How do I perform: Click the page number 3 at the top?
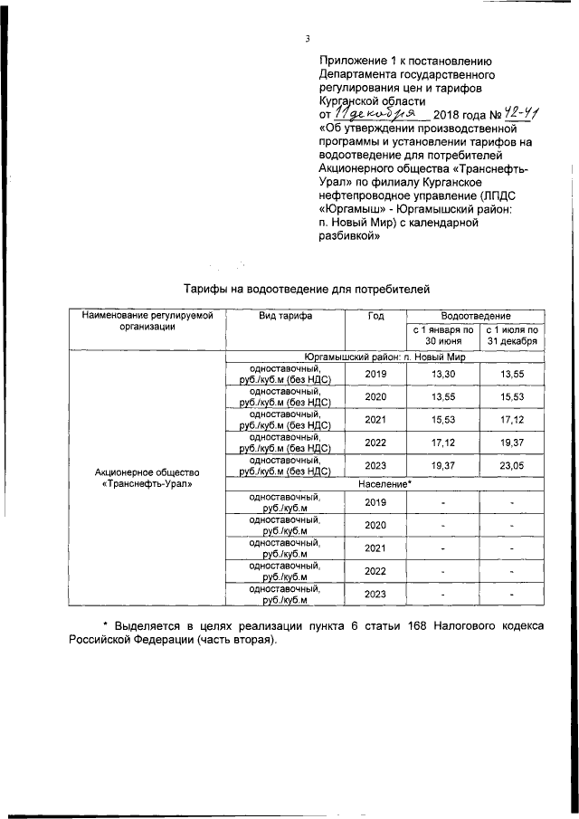point(308,38)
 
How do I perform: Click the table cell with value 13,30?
point(442,373)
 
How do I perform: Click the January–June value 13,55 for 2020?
point(442,396)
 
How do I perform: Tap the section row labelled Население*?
point(384,484)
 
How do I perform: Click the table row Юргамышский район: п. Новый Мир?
point(384,356)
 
